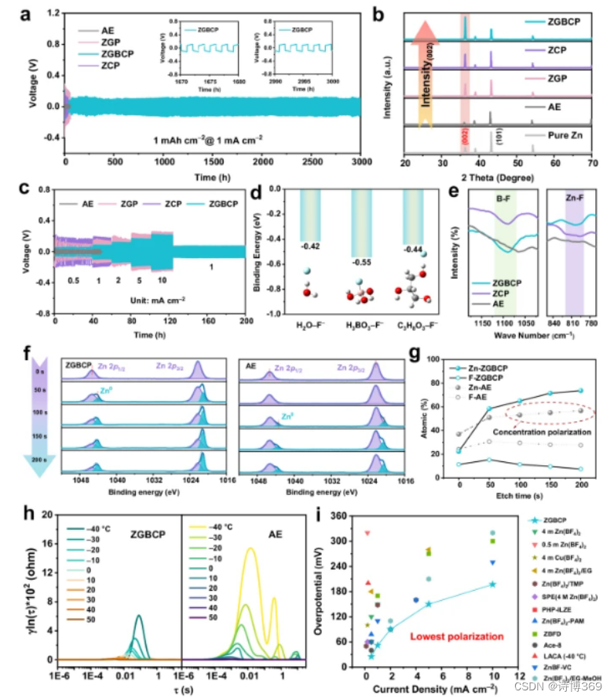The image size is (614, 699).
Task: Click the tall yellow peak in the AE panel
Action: click(x=250, y=549)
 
